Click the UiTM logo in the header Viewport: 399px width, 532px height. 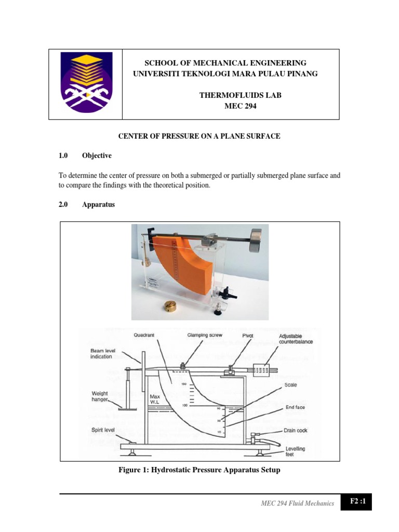(x=85, y=85)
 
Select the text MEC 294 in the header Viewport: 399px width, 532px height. (x=225, y=106)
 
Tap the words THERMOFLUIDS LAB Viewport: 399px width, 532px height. (x=225, y=96)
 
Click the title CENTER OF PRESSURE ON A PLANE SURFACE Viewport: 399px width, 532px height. (x=199, y=136)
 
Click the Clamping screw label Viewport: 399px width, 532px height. (x=205, y=336)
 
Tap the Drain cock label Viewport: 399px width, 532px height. (x=295, y=430)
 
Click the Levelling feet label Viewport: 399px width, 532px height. (x=295, y=451)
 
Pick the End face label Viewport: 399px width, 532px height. (x=295, y=408)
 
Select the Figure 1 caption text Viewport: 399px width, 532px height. (x=199, y=470)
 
